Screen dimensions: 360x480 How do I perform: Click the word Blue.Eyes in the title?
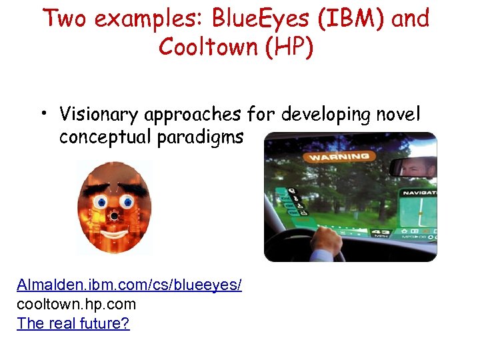pos(266,19)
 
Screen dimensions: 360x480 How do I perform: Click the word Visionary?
pos(100,115)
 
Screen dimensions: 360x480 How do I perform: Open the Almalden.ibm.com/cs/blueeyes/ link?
pos(129,285)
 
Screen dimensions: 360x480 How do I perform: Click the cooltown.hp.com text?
pos(76,305)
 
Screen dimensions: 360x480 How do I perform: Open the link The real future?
pos(73,324)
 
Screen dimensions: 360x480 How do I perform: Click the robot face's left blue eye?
pos(101,201)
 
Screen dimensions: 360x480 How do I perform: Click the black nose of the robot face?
pos(115,217)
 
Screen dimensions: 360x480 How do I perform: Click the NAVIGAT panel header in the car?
pos(419,193)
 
